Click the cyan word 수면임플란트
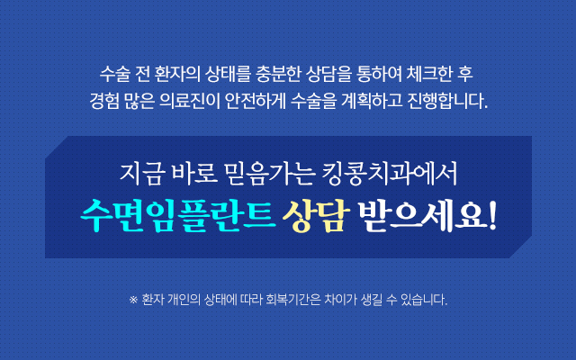click(178, 216)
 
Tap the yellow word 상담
click(316, 216)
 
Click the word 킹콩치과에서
click(390, 174)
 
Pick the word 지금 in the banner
click(140, 174)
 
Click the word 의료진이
click(190, 102)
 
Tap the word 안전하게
click(255, 102)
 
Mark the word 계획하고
click(372, 102)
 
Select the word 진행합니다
click(447, 102)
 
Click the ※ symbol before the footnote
click(133, 300)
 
